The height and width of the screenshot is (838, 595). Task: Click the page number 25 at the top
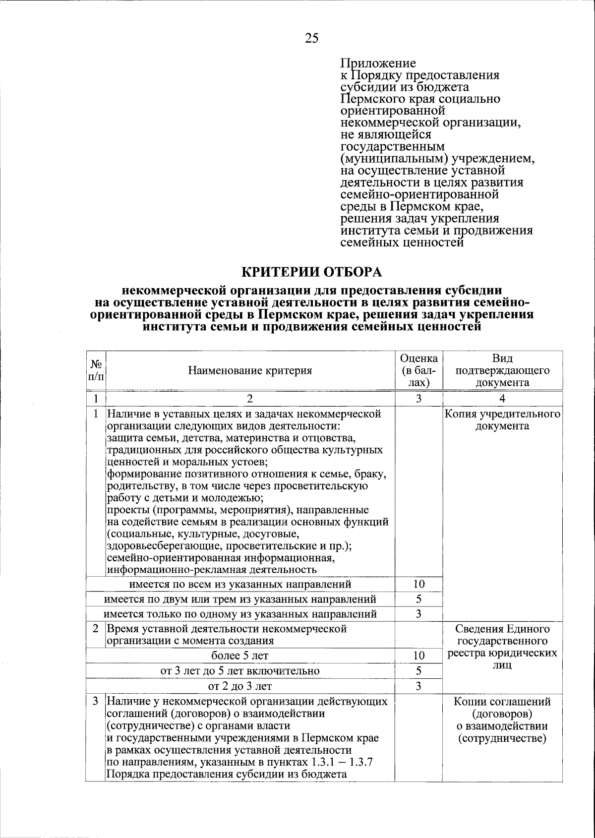[312, 38]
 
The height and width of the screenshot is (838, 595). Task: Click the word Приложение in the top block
[378, 63]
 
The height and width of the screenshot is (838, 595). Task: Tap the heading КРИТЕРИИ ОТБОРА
[312, 272]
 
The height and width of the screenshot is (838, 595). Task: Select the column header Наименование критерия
[250, 370]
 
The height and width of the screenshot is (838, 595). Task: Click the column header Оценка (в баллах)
[419, 370]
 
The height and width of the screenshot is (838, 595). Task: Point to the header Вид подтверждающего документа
[502, 370]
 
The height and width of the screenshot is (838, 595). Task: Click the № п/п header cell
[95, 370]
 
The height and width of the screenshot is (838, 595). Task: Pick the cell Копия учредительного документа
[502, 419]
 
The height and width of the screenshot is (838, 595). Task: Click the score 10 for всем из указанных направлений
[419, 585]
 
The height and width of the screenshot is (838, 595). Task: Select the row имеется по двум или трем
[240, 599]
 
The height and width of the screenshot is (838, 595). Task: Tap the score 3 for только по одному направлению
[419, 614]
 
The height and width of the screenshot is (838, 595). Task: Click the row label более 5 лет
[240, 656]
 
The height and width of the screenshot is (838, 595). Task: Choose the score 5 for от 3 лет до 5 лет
[419, 671]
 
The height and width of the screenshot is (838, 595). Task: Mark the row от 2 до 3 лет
[240, 686]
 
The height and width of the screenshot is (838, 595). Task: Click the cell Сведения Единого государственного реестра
[502, 647]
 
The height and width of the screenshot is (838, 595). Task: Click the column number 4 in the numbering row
[502, 399]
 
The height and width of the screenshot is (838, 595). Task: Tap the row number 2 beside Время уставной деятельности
[95, 629]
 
